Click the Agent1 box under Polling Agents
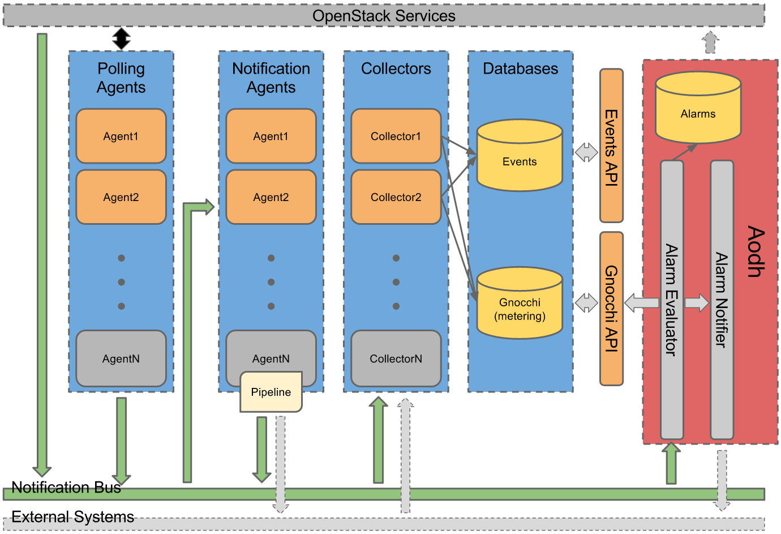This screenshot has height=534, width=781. pyautogui.click(x=121, y=136)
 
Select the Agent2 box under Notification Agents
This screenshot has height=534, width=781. pyautogui.click(x=271, y=197)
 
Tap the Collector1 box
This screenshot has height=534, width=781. pyautogui.click(x=396, y=136)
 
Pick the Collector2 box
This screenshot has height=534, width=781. pyautogui.click(x=396, y=197)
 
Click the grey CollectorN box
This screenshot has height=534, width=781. pyautogui.click(x=396, y=358)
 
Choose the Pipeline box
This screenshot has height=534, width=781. pyautogui.click(x=271, y=392)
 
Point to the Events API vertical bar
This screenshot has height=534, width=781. pyautogui.click(x=611, y=146)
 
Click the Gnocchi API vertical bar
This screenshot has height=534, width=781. pyautogui.click(x=611, y=309)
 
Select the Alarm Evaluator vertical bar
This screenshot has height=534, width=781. pyautogui.click(x=672, y=300)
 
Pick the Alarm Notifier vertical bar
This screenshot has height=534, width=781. pyautogui.click(x=722, y=300)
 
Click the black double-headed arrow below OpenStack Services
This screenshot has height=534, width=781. pyautogui.click(x=121, y=39)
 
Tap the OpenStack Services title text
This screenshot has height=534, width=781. pyautogui.click(x=384, y=16)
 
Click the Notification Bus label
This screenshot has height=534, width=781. pyautogui.click(x=66, y=488)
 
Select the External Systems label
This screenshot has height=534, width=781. pyautogui.click(x=72, y=517)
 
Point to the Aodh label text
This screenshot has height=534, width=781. pyautogui.click(x=756, y=251)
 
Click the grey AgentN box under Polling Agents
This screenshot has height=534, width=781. pyautogui.click(x=121, y=358)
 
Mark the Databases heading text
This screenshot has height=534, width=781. pyautogui.click(x=520, y=69)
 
